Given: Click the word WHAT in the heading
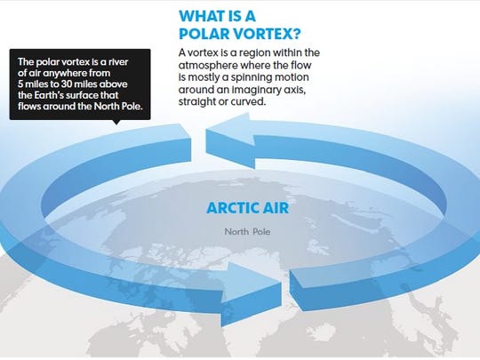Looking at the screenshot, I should pyautogui.click(x=202, y=17).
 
